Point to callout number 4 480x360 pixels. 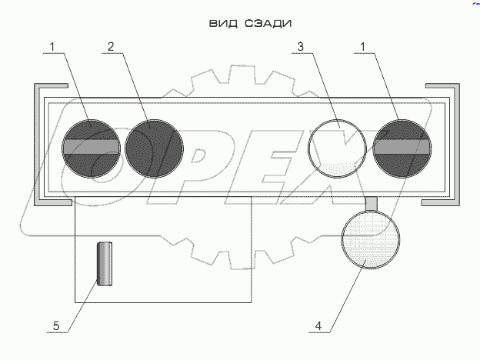(x=318, y=327)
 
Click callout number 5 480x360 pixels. (x=56, y=327)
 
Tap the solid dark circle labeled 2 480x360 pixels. (x=154, y=148)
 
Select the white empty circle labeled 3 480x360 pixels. (x=337, y=148)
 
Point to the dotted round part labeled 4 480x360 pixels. (x=371, y=240)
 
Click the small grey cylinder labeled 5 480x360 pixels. (x=105, y=263)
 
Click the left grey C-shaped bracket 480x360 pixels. (x=37, y=146)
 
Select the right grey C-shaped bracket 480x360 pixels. (x=455, y=146)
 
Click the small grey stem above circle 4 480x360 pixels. (x=371, y=203)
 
